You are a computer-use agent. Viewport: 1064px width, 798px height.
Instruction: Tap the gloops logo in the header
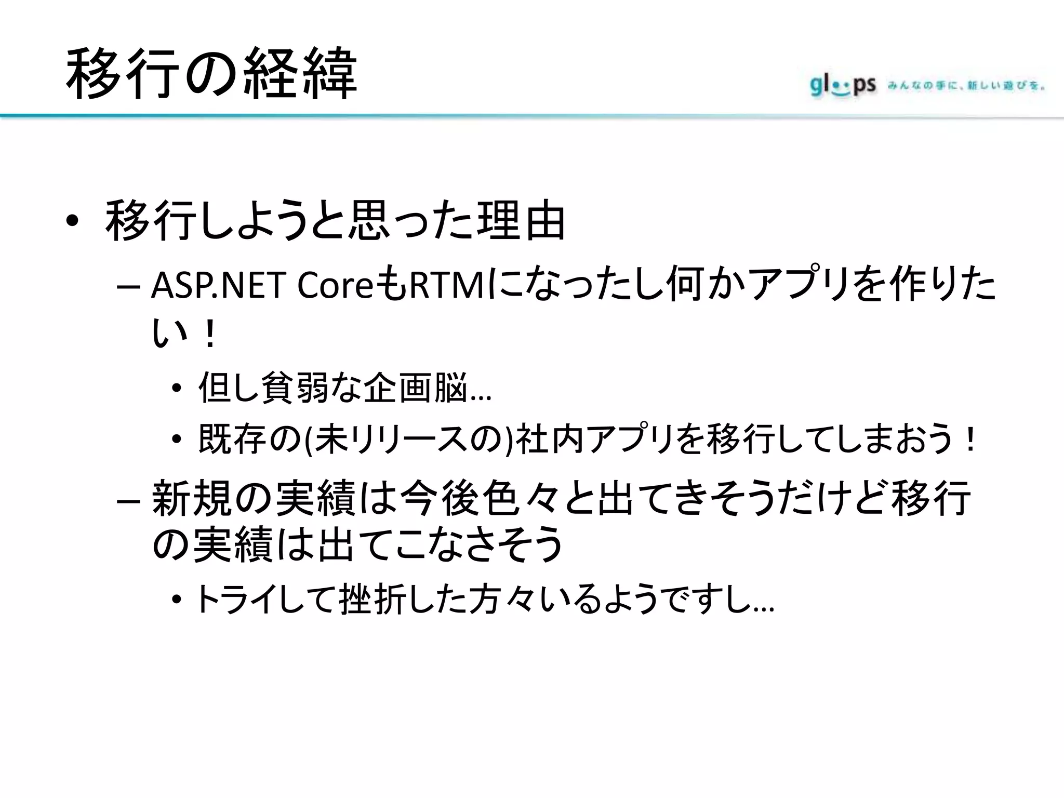[842, 86]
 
